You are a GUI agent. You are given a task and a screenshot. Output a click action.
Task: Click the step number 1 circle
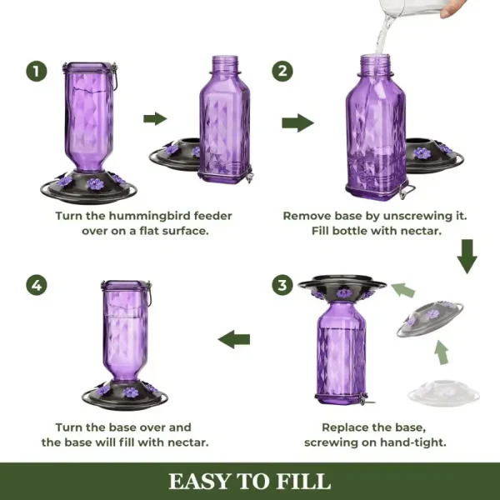click(x=35, y=71)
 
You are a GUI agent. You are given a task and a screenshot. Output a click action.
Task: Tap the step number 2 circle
click(x=284, y=71)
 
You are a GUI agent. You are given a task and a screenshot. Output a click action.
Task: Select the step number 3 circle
click(x=284, y=286)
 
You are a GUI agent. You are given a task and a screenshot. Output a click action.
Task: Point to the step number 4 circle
click(x=35, y=286)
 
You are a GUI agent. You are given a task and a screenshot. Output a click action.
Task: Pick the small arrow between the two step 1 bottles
click(x=154, y=118)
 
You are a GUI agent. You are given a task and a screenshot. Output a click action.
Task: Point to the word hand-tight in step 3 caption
click(x=398, y=442)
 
